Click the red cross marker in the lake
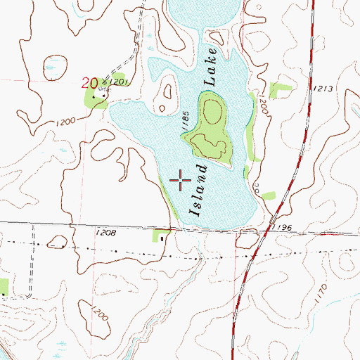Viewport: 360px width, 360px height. [181, 180]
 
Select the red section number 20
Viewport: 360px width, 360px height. [89, 83]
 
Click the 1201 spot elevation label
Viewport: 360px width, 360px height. [117, 82]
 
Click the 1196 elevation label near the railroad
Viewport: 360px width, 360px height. [284, 227]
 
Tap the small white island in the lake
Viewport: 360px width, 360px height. [168, 91]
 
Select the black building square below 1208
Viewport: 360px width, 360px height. [162, 239]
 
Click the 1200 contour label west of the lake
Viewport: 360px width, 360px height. [64, 122]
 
